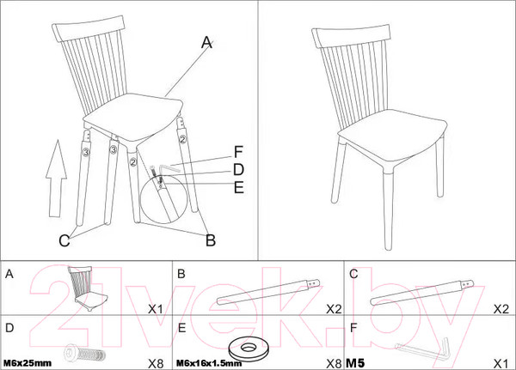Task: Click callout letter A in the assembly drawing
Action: (x=206, y=42)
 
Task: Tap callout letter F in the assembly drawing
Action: (x=238, y=152)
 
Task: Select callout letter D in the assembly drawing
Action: (x=238, y=170)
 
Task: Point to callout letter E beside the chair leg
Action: (x=239, y=187)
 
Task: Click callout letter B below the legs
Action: (x=211, y=240)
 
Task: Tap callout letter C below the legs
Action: (x=64, y=240)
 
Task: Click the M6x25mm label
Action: (x=28, y=363)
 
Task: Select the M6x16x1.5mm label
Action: (x=209, y=363)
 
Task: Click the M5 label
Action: (x=355, y=363)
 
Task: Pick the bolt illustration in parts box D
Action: (x=84, y=353)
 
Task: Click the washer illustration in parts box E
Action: (x=249, y=349)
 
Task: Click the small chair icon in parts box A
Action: (x=87, y=288)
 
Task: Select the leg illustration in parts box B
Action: (x=268, y=292)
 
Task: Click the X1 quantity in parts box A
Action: (x=156, y=309)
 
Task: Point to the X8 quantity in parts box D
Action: (x=156, y=363)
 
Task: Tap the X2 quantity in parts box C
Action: (x=501, y=309)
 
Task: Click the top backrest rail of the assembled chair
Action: (x=351, y=35)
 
